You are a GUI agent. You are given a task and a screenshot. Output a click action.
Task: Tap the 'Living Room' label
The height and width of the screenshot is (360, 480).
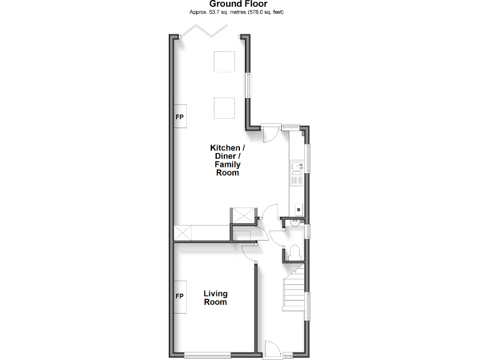(x=215, y=297)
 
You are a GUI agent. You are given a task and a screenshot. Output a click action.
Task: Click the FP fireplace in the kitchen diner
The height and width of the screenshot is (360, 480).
(x=179, y=117)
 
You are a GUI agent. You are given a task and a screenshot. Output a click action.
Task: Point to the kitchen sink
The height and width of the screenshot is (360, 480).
(x=295, y=167)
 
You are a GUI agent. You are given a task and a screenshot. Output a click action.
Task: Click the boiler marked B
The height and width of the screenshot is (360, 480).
(x=298, y=209)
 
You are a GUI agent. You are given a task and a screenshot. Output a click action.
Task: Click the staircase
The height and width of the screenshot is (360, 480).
(x=292, y=289)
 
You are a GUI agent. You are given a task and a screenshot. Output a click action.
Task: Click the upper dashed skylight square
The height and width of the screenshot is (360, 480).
(x=224, y=61)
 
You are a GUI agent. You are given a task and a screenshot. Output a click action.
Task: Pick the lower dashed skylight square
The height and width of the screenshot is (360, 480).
(x=224, y=107)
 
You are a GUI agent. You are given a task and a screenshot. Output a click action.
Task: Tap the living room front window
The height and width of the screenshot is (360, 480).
(x=207, y=356)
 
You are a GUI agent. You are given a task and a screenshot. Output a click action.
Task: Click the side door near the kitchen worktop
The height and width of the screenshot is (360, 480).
(x=271, y=134)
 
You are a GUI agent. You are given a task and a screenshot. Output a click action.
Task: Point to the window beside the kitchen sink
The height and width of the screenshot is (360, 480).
(x=307, y=159)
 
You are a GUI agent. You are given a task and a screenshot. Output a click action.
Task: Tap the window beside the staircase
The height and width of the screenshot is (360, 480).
(x=307, y=306)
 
